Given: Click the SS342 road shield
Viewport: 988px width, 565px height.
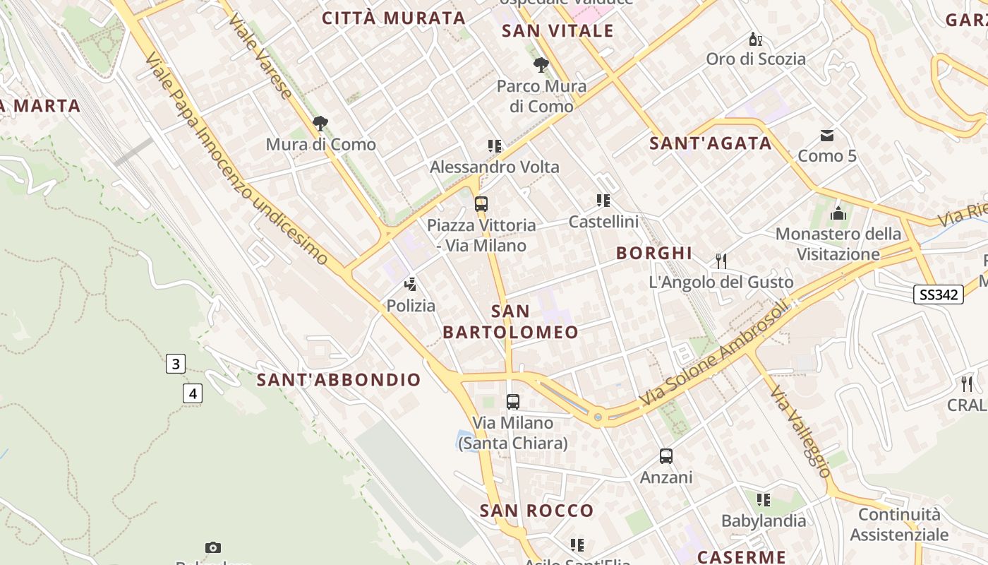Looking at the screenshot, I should click(939, 295).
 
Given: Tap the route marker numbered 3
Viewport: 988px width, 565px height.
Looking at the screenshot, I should click(175, 364).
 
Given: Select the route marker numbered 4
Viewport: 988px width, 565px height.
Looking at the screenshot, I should click(193, 393).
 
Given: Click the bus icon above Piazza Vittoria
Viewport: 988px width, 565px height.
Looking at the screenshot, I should click(481, 204).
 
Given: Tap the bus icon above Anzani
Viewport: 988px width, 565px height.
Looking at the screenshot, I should click(666, 456).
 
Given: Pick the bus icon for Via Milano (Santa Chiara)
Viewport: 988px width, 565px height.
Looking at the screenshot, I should click(513, 401).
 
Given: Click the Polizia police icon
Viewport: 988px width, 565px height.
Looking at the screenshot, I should click(410, 285).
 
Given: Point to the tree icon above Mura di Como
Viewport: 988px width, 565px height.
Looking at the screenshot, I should click(320, 124).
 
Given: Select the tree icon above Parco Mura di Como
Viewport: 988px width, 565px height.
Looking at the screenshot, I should click(541, 66).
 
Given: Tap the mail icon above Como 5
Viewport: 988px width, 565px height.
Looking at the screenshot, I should click(826, 135).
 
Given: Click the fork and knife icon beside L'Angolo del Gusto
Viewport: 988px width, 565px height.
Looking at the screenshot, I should click(721, 261).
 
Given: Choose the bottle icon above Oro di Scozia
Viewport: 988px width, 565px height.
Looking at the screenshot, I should click(755, 39).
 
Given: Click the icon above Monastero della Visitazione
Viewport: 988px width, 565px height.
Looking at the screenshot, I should click(838, 213).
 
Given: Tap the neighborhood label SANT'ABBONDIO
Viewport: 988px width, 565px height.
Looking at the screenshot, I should click(339, 380).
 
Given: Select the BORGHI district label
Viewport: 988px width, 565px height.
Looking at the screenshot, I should click(654, 254).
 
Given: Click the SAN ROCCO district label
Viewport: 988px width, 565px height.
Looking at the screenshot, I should click(537, 511).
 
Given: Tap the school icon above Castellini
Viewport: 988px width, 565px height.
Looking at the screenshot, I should click(603, 201).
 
